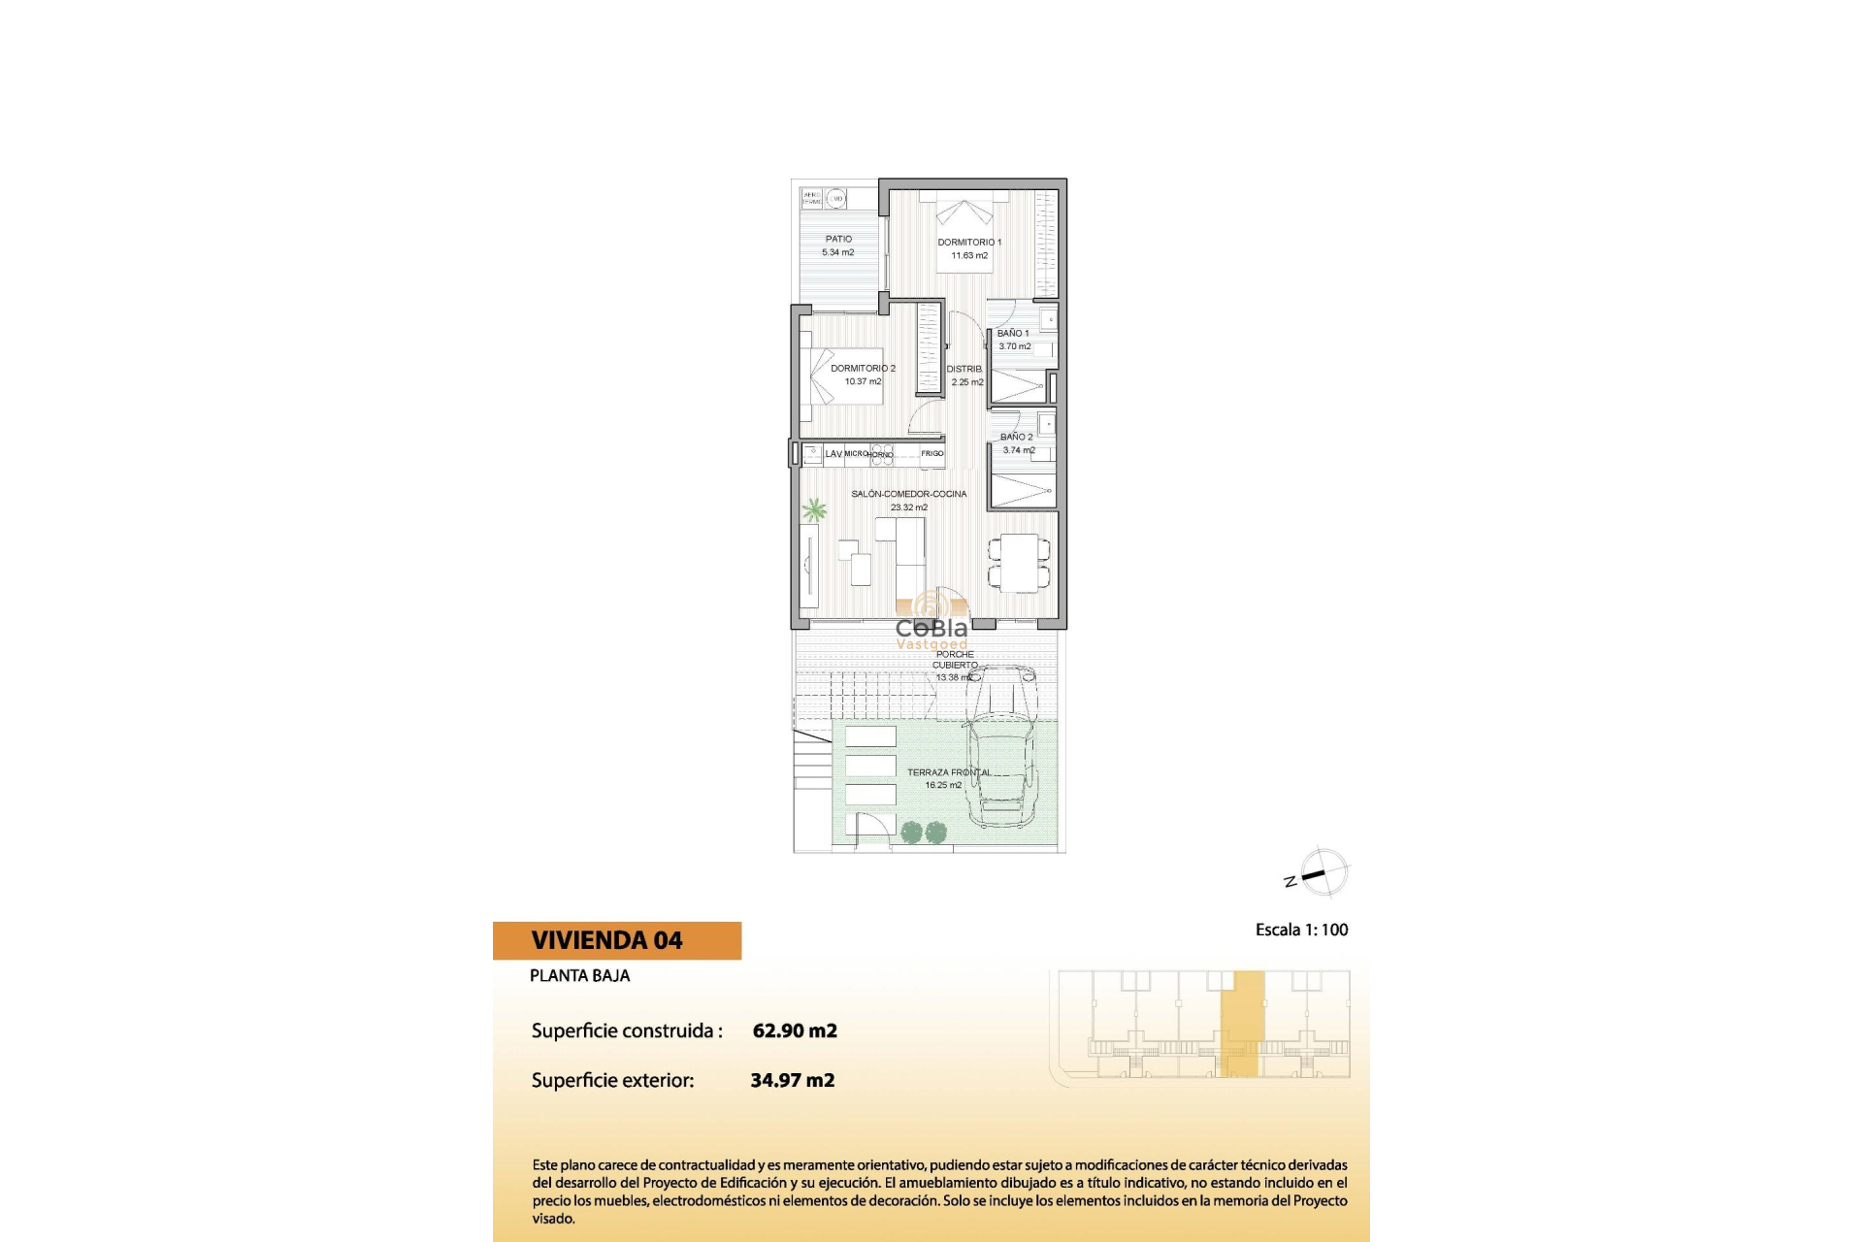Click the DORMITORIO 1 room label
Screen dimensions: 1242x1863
pyautogui.click(x=969, y=243)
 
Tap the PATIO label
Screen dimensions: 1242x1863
pyautogui.click(x=838, y=239)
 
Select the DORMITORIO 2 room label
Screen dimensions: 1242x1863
pyautogui.click(x=863, y=369)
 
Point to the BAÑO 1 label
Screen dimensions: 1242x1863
pyautogui.click(x=1013, y=333)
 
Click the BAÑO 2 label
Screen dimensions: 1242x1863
pyautogui.click(x=1017, y=437)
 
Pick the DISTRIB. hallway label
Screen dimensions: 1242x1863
pyautogui.click(x=964, y=369)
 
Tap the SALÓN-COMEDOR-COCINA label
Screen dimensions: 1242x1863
pyautogui.click(x=909, y=494)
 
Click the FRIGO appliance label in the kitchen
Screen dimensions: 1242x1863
pyautogui.click(x=932, y=453)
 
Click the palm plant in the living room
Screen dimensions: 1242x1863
pyautogui.click(x=814, y=509)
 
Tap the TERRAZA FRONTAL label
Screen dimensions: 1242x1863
pyautogui.click(x=949, y=772)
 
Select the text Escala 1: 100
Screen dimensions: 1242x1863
pyautogui.click(x=1301, y=930)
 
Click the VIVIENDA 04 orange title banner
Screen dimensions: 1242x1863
pyautogui.click(x=617, y=940)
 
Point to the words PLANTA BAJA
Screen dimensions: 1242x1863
pyautogui.click(x=579, y=976)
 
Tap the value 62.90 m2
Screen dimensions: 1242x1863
pyautogui.click(x=795, y=1030)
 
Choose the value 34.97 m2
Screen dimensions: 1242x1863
pyautogui.click(x=793, y=1080)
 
